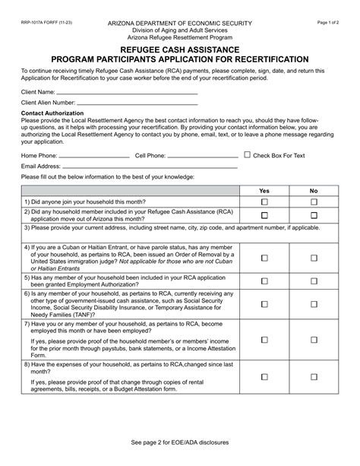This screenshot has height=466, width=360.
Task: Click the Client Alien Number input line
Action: (137, 104)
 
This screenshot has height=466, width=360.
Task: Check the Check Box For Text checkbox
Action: (247, 154)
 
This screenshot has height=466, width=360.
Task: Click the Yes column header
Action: (264, 191)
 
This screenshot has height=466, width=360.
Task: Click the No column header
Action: (314, 191)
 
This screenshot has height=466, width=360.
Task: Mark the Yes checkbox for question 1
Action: (264, 201)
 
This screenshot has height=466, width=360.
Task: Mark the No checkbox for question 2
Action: (314, 215)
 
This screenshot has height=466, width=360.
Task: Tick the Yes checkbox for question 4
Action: (264, 258)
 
